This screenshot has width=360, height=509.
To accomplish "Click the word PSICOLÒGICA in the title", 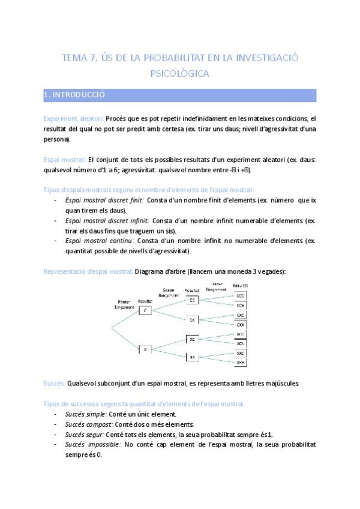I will pos(179,74).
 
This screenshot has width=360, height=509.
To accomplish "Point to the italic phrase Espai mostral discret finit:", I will pos(103,200).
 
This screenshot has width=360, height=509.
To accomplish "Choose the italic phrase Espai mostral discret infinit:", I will pos(107,221).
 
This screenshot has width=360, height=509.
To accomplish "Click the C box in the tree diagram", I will pos(146,310).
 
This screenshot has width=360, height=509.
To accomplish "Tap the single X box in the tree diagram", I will pos(146,349).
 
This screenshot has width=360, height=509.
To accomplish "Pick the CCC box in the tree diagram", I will pos(240,295).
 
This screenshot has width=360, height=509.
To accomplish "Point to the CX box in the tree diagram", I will pos(192,320).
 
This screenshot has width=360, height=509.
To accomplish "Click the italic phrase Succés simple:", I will pos(85,414).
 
